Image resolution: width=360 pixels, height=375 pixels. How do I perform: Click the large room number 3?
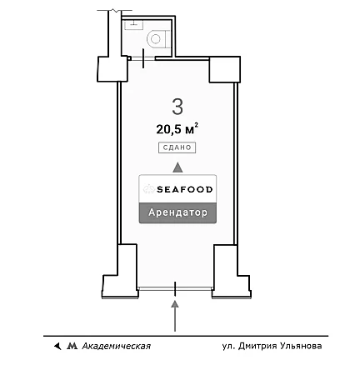[177, 107]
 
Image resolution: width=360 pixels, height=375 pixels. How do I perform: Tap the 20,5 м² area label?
[177, 129]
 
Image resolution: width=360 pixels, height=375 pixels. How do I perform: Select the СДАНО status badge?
[177, 147]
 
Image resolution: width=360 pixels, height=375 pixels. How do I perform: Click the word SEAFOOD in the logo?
[185, 190]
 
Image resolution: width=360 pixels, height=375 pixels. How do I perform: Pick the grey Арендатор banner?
[177, 212]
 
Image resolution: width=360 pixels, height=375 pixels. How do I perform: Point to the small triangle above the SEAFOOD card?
[177, 167]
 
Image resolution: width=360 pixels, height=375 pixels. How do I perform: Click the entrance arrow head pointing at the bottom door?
[175, 304]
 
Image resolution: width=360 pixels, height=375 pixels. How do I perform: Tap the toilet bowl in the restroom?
[157, 39]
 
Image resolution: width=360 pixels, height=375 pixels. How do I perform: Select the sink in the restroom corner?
[133, 24]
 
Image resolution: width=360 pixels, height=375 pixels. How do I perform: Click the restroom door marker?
[143, 58]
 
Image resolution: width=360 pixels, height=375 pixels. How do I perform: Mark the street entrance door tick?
[175, 289]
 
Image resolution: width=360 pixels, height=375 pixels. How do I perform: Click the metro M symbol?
[72, 346]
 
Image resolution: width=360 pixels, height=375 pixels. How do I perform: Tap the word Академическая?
[117, 346]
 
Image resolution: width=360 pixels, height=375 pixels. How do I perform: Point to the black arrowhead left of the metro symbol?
[57, 346]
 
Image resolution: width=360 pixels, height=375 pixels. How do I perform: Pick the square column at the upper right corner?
[224, 69]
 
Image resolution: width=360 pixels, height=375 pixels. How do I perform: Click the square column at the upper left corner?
[112, 69]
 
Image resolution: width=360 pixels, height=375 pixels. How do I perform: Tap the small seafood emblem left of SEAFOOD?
[149, 189]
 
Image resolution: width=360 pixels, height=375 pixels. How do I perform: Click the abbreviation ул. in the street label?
[228, 347]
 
